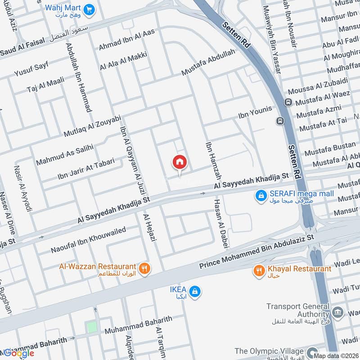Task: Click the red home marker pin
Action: tap(180, 162)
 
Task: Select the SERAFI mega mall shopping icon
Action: tap(260, 195)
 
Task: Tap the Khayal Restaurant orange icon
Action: tap(259, 270)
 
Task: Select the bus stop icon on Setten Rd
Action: tap(281, 121)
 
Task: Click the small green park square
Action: tap(92, 327)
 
